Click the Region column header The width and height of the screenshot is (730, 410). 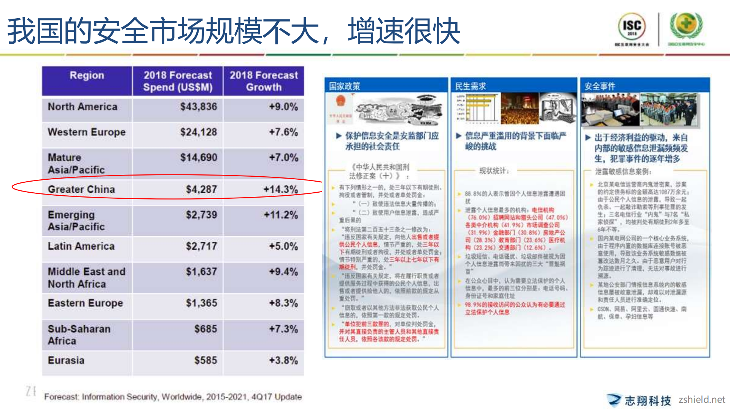click(87, 76)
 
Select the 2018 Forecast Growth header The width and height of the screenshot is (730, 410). click(264, 81)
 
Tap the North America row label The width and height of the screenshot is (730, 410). click(83, 107)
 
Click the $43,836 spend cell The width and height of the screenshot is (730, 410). click(198, 107)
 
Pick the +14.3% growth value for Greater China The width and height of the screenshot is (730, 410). click(280, 189)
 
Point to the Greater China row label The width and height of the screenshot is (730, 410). click(81, 189)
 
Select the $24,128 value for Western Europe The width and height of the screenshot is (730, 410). click(198, 132)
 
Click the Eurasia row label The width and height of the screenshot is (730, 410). click(66, 360)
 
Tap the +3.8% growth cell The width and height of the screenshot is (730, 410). click(283, 360)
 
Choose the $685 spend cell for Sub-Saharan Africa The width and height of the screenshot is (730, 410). click(205, 329)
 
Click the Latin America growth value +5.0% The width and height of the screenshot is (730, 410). click(283, 246)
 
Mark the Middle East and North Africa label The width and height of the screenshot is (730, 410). click(86, 278)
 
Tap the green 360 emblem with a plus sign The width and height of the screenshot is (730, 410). click(686, 25)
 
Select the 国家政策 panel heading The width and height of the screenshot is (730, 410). click(345, 86)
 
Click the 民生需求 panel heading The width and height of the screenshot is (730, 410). click(471, 86)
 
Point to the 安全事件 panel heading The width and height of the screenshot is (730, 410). click(600, 86)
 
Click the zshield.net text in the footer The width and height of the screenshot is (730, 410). click(701, 400)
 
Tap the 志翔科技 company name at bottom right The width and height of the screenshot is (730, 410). click(647, 401)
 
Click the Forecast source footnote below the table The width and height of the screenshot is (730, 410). click(173, 397)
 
